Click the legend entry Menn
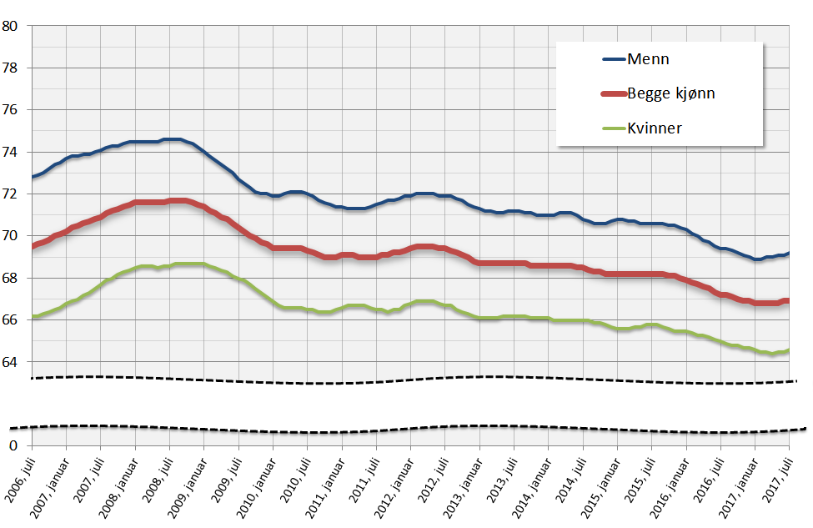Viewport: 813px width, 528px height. click(x=649, y=59)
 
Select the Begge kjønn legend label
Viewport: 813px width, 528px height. click(x=671, y=93)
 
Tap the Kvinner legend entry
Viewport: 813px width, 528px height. click(x=655, y=128)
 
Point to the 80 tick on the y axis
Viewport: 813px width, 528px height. click(x=11, y=26)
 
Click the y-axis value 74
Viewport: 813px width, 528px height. click(x=11, y=152)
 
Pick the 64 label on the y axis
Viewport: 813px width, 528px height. click(x=11, y=362)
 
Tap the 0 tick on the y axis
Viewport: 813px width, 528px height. click(x=14, y=446)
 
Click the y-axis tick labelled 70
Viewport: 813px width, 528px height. click(x=11, y=236)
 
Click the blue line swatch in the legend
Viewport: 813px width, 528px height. click(x=614, y=59)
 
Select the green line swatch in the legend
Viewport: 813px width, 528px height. click(x=614, y=128)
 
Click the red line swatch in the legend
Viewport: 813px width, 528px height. click(x=614, y=93)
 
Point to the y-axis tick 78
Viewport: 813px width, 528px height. click(x=11, y=68)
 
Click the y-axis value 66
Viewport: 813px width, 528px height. click(x=11, y=320)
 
